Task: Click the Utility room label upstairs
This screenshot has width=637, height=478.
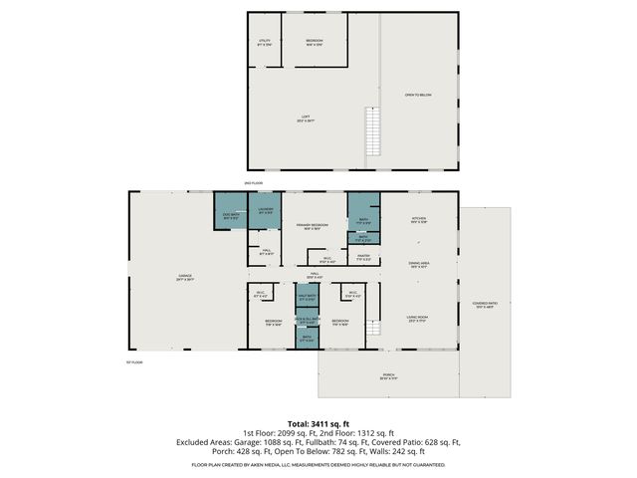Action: [265, 41]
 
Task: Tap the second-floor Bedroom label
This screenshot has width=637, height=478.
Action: [315, 41]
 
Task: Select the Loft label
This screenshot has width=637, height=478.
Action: [308, 120]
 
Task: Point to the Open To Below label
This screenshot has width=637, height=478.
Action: [417, 95]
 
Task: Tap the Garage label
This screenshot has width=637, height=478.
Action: [185, 279]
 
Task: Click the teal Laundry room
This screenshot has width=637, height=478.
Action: [267, 211]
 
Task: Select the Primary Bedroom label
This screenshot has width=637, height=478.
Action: [312, 226]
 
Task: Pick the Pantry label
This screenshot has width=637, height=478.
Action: [363, 257]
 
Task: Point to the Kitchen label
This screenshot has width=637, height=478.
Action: [419, 220]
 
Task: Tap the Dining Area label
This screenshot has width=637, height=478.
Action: [419, 264]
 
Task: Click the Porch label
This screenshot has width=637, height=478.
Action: [387, 376]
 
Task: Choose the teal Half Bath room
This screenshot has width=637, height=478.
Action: [308, 298]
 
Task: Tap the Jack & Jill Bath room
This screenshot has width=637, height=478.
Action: [308, 321]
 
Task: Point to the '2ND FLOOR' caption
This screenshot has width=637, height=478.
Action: [252, 183]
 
